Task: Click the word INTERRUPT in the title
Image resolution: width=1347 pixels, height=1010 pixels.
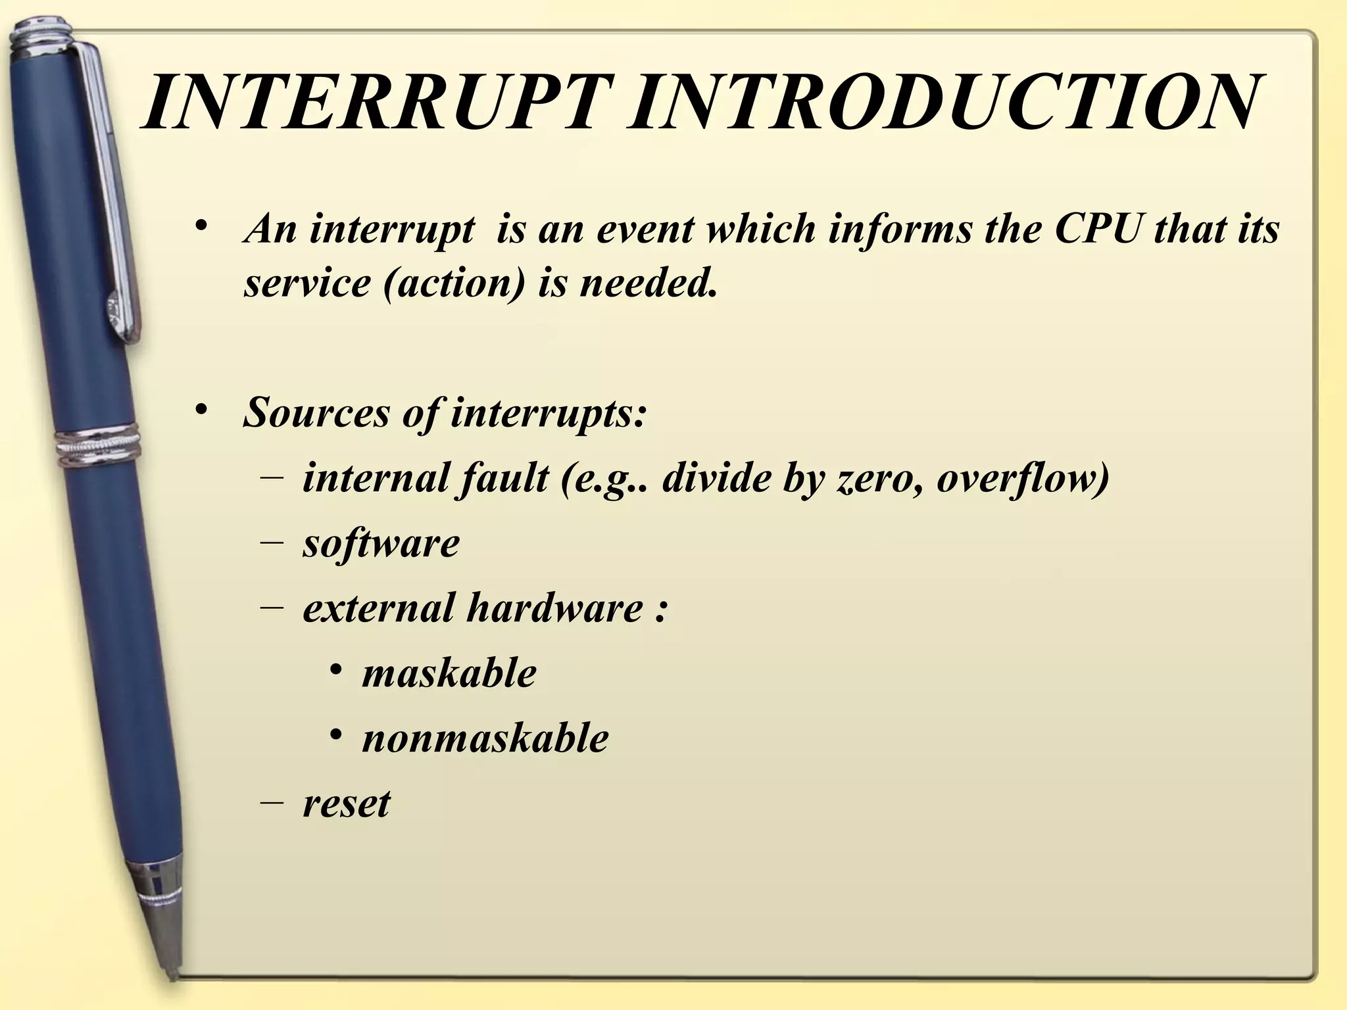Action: click(375, 104)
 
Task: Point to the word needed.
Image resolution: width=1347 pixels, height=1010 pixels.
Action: click(647, 284)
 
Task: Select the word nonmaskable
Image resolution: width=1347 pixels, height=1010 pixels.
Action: click(485, 738)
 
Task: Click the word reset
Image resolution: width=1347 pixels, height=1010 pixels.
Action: click(346, 803)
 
